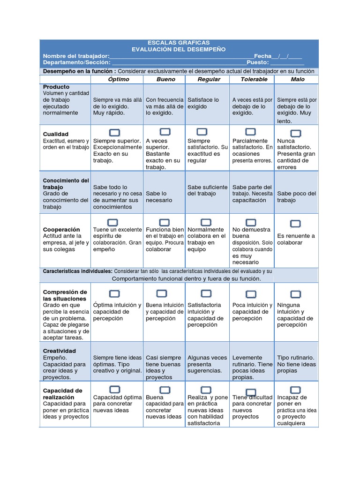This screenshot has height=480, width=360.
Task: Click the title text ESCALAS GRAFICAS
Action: (x=178, y=43)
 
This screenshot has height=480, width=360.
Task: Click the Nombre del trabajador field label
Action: (x=76, y=56)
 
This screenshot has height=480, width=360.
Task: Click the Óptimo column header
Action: (x=118, y=79)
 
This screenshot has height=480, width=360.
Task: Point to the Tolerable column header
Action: (x=254, y=79)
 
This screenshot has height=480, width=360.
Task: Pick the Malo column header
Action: (x=297, y=79)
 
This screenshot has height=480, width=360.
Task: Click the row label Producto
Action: (x=56, y=87)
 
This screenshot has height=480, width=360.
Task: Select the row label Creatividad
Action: (x=59, y=351)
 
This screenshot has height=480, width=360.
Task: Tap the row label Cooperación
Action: (x=61, y=230)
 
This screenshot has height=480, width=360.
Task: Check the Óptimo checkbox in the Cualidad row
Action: (x=114, y=132)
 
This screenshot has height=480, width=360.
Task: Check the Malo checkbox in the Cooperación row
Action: (x=295, y=224)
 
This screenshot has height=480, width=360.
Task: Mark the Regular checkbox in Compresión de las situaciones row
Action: (x=206, y=293)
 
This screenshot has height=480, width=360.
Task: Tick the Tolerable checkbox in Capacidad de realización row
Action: (x=251, y=392)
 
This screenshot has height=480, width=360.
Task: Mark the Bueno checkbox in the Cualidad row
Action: (x=165, y=132)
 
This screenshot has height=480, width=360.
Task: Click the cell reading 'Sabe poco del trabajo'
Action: (x=296, y=197)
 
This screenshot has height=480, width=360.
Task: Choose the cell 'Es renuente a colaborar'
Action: (x=296, y=239)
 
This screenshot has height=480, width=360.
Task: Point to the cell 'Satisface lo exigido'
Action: (x=203, y=103)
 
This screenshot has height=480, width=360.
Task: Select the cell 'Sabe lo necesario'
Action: (x=159, y=197)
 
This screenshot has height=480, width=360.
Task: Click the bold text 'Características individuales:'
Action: (x=77, y=271)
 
